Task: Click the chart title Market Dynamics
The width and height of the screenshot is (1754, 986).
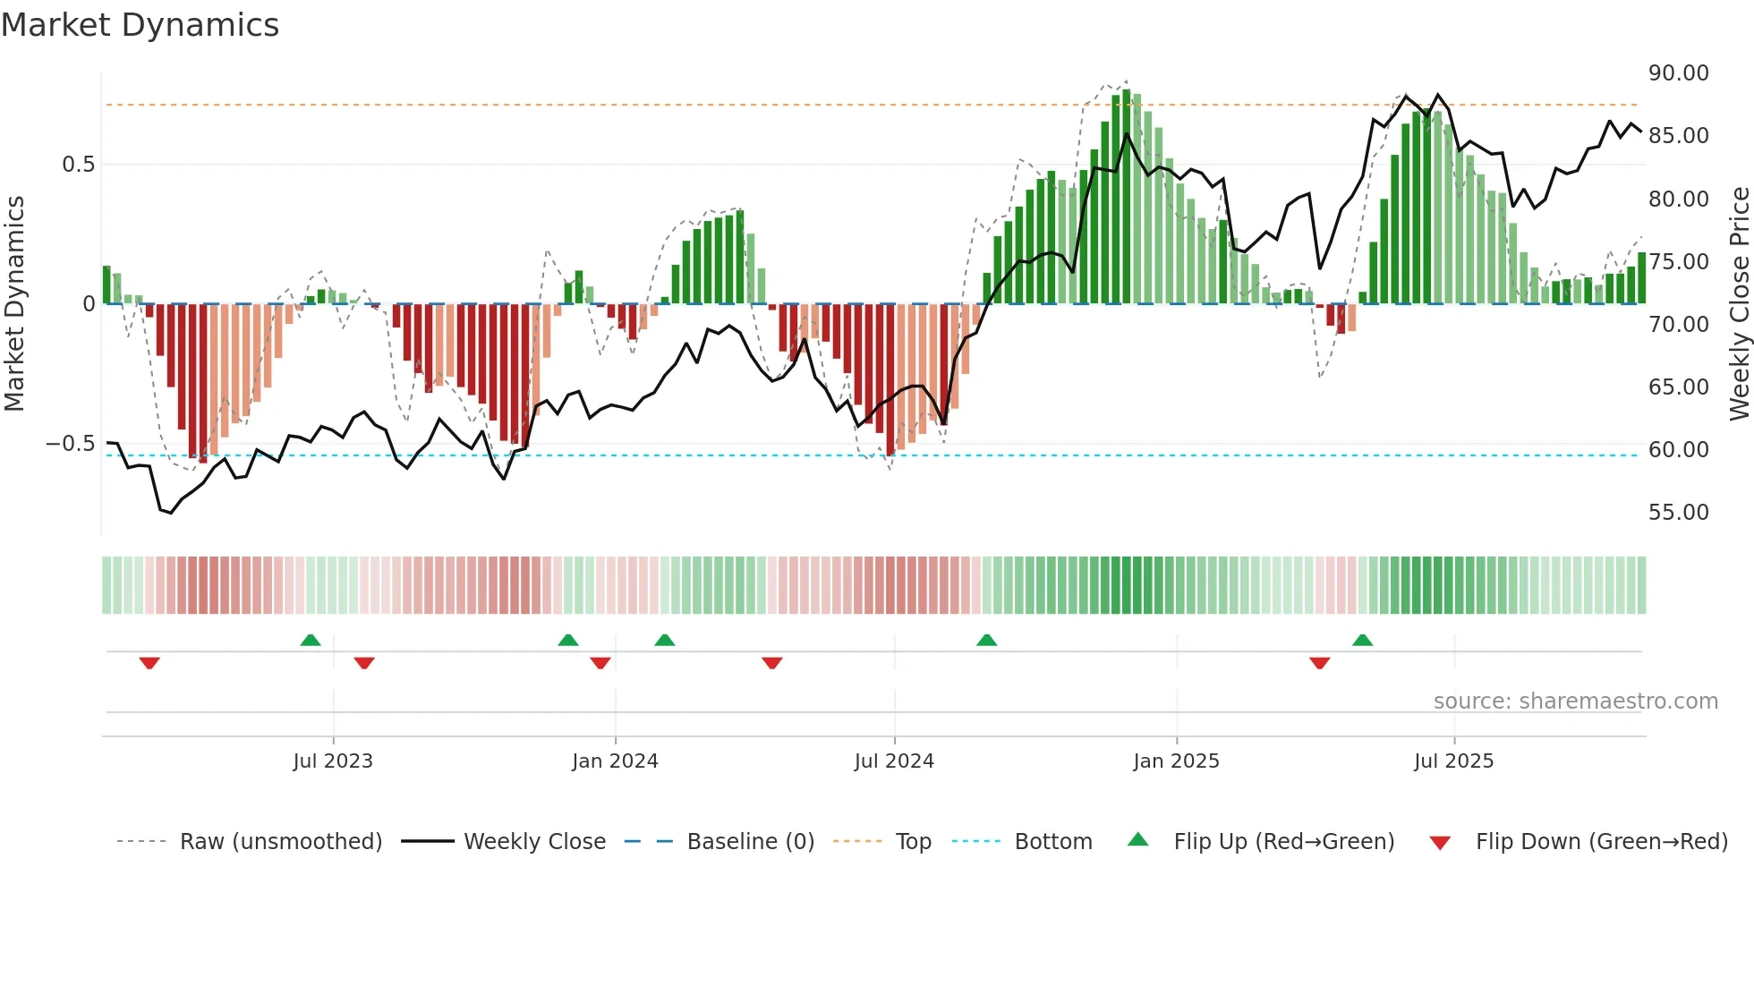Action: tap(140, 25)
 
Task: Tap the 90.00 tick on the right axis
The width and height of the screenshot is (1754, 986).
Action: tap(1678, 73)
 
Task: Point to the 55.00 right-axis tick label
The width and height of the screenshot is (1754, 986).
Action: tap(1678, 513)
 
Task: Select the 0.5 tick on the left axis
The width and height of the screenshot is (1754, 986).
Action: tap(78, 165)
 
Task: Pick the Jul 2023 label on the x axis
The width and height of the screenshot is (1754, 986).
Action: tap(333, 761)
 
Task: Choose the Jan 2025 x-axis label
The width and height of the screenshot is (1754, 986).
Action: tap(1176, 761)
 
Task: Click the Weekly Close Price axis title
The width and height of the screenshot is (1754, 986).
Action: tap(1739, 304)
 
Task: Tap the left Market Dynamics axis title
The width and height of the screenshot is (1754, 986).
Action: tap(14, 304)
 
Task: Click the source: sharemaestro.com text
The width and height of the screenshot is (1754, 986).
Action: tap(1575, 701)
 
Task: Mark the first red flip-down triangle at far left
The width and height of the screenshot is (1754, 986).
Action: tap(149, 663)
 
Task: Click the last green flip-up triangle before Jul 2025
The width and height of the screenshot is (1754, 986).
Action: tap(1362, 640)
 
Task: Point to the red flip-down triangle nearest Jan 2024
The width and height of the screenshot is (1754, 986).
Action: tap(600, 663)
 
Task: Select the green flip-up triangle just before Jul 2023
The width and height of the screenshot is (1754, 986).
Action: tap(311, 640)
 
